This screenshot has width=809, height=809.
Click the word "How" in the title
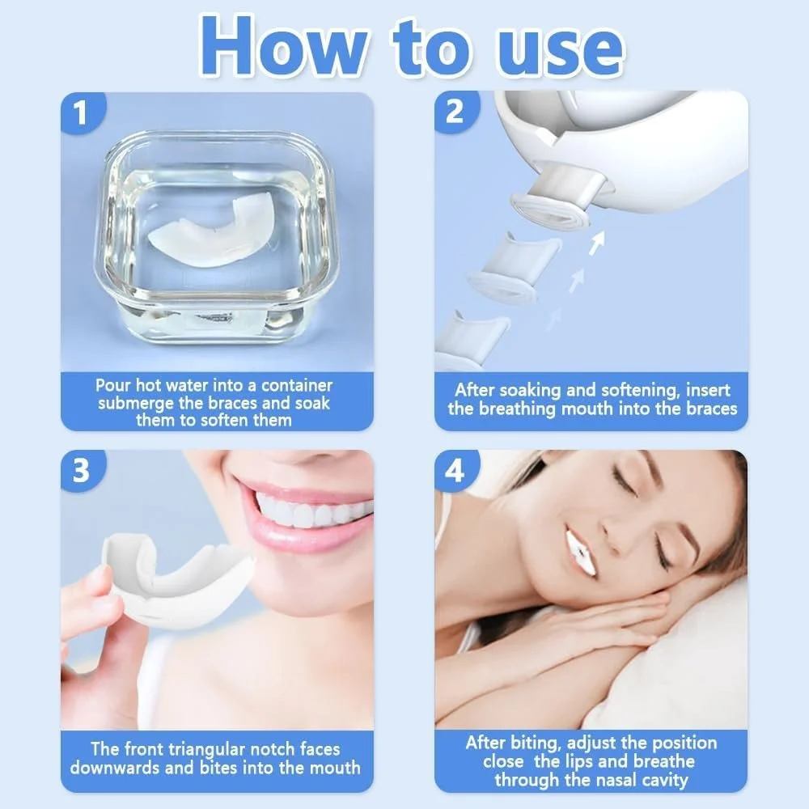point(283,48)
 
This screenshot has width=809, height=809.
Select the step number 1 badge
point(83,112)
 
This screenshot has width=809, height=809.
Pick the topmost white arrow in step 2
point(597,243)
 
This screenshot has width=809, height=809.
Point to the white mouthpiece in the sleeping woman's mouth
point(582,553)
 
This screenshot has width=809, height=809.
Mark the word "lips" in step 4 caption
point(579,761)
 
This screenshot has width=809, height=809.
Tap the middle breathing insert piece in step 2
point(514,269)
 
